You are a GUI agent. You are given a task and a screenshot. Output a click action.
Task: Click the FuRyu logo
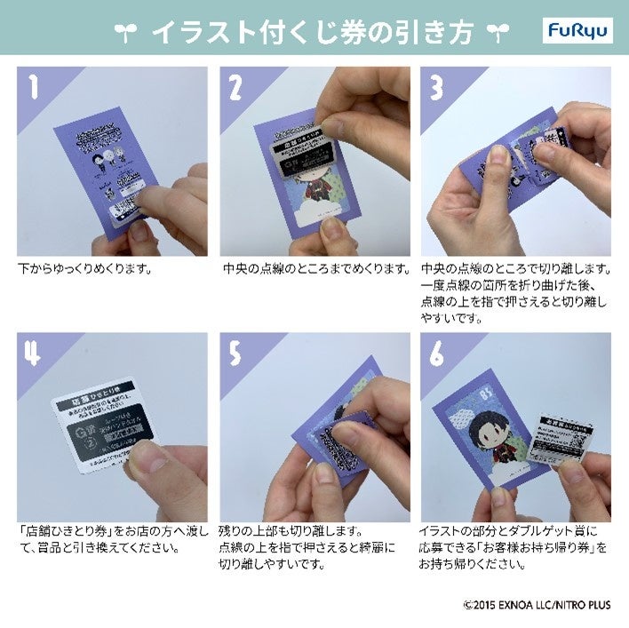(577, 31)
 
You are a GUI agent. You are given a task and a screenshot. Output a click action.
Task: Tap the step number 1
(34, 87)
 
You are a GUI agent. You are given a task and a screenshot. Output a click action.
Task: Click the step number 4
(34, 354)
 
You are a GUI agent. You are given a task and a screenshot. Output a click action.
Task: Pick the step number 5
(235, 354)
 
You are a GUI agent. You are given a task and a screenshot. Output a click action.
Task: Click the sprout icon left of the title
(126, 32)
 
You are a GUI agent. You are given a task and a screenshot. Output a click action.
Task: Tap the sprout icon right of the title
(496, 32)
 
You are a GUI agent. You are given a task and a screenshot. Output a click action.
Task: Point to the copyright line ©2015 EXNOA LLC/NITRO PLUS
(537, 605)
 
